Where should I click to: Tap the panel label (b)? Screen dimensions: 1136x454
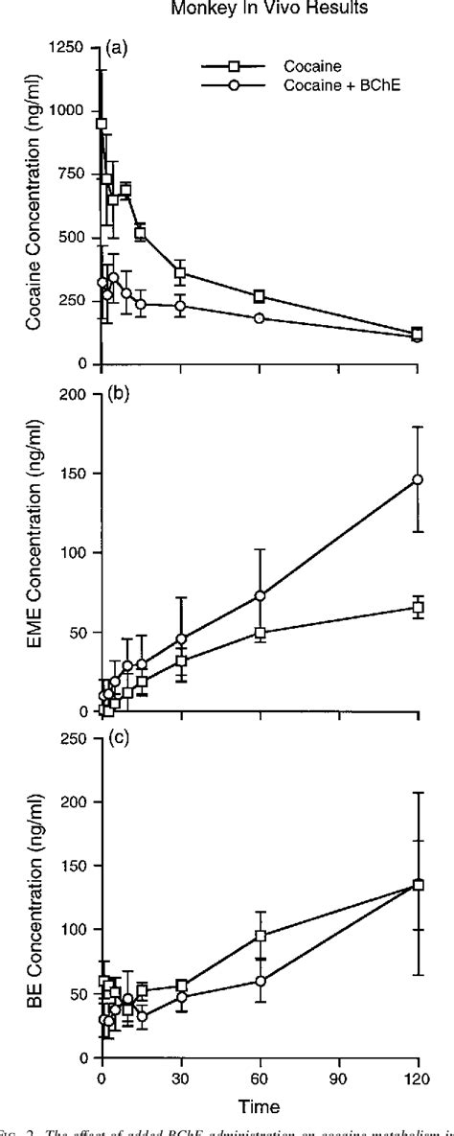click(x=118, y=397)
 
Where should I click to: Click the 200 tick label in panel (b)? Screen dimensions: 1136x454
click(x=75, y=394)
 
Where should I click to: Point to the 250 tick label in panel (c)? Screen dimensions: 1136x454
click(x=75, y=737)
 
